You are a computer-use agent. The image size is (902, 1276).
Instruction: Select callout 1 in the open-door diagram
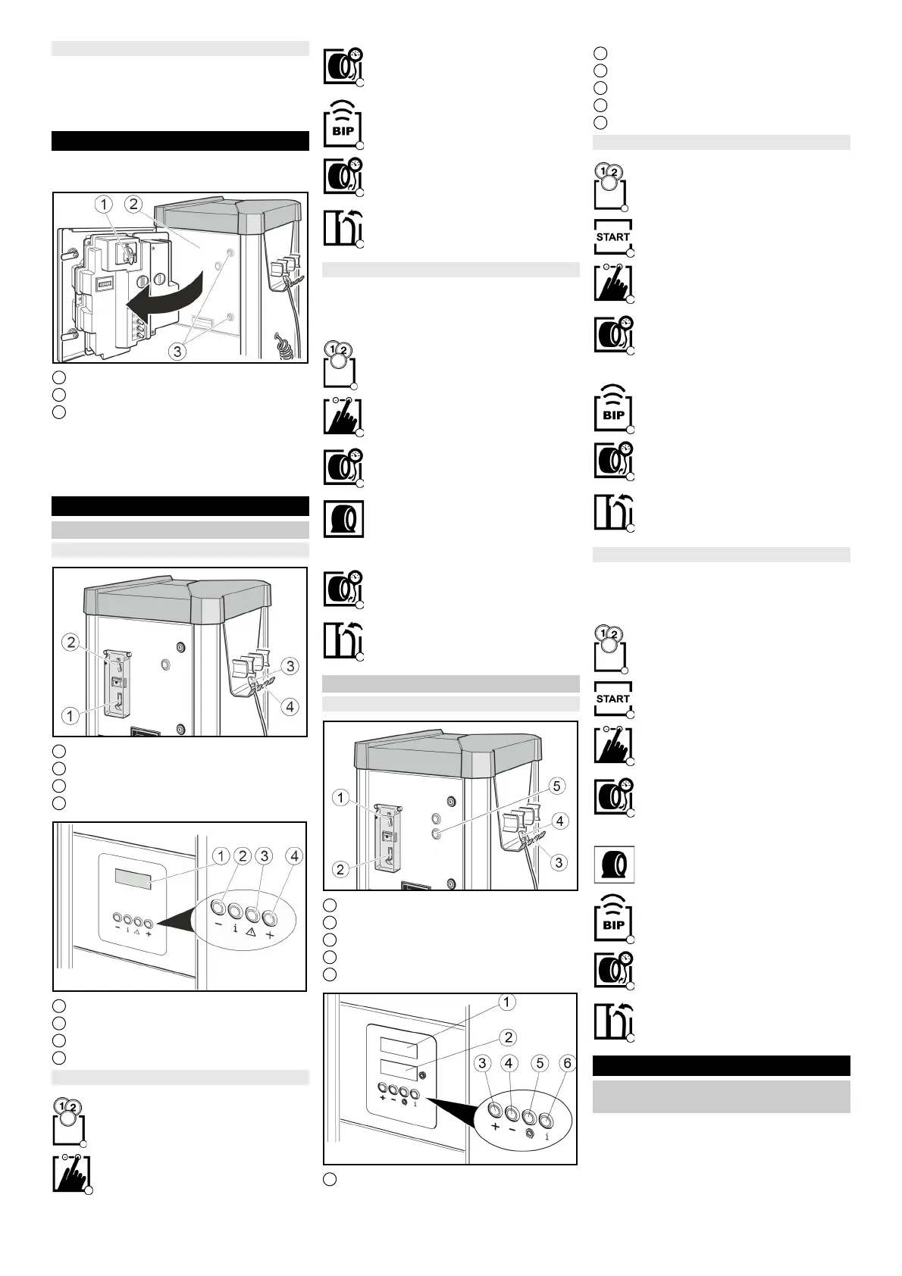105,204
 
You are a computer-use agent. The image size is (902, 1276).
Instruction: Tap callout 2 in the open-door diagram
133,204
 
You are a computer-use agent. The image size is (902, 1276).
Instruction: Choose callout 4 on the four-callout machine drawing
290,707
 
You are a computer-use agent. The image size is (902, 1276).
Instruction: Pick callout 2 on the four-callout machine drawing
70,643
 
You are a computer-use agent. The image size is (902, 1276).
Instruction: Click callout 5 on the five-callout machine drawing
557,786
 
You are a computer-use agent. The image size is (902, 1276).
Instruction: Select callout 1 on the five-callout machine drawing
341,797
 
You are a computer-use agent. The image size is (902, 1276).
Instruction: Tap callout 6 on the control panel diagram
566,1064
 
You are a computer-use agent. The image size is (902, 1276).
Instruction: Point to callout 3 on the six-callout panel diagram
483,1064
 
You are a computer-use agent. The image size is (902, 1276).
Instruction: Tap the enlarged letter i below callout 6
547,1137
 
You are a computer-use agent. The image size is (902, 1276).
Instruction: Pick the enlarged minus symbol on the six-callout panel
512,1130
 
